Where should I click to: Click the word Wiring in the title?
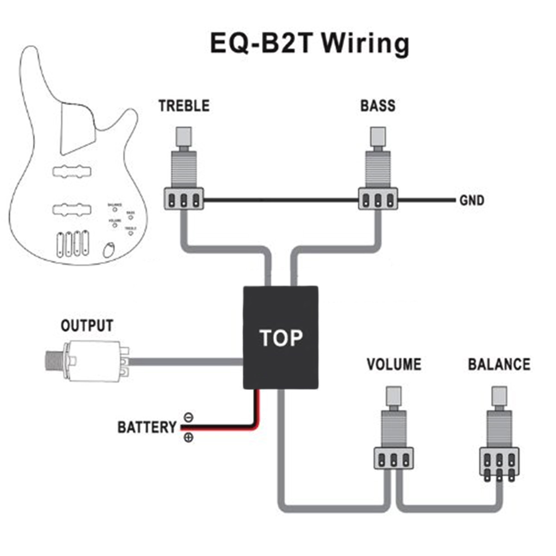click(x=366, y=44)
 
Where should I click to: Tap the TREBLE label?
click(x=184, y=106)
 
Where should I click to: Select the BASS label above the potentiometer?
click(x=378, y=106)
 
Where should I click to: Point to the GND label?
click(x=472, y=201)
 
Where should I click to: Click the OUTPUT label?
click(x=87, y=326)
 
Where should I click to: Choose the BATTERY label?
click(x=147, y=427)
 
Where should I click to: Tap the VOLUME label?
click(x=394, y=364)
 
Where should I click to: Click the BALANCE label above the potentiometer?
click(x=499, y=364)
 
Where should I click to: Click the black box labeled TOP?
click(x=281, y=338)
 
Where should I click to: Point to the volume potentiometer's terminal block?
click(x=394, y=459)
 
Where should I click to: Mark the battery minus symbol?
click(x=188, y=417)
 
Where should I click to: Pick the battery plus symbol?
click(x=188, y=437)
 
